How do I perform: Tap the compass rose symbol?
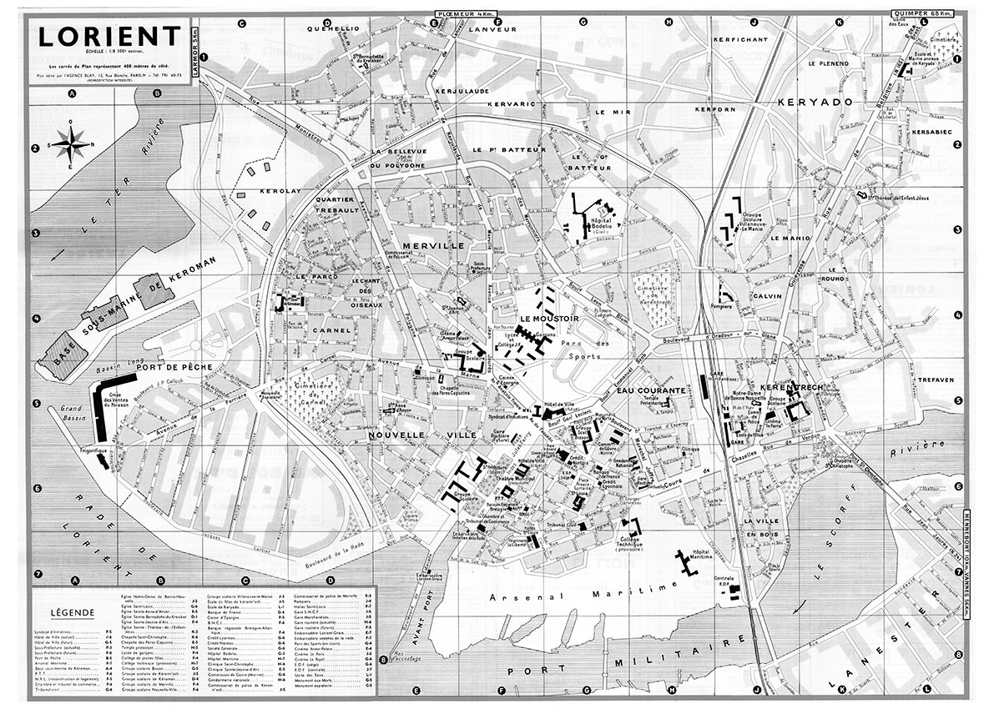[73, 144]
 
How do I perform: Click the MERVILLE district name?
[431, 245]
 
